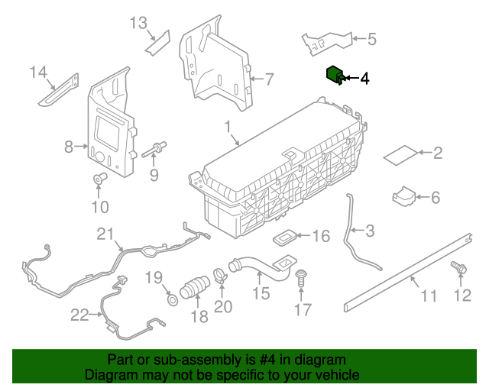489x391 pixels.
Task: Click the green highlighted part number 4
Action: [333, 74]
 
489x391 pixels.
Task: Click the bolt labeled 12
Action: [459, 269]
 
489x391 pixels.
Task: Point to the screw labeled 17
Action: [302, 277]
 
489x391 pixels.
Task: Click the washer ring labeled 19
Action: [173, 296]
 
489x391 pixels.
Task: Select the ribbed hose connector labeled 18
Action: [196, 289]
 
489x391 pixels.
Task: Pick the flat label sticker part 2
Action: [400, 154]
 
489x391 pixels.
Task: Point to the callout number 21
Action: [105, 234]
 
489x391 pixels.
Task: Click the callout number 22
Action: [79, 314]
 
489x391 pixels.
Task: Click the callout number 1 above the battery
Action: [227, 125]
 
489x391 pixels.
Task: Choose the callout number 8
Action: [68, 146]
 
